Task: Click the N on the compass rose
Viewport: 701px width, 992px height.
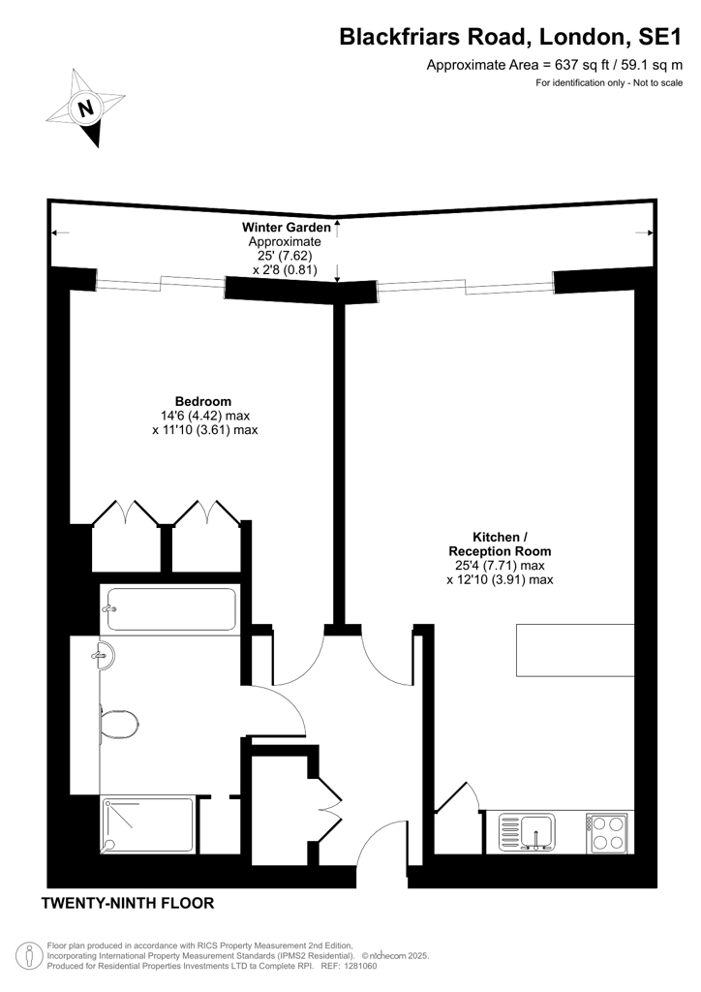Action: (85, 108)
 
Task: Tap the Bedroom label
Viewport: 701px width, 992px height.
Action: (203, 401)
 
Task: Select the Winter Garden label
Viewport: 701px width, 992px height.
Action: (287, 227)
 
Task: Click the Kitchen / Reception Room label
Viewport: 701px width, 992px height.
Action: (500, 544)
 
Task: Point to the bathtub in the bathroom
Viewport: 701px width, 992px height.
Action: (170, 609)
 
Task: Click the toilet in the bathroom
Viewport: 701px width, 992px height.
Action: (118, 722)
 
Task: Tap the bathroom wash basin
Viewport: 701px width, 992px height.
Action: (103, 656)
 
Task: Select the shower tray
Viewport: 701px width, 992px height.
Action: (148, 824)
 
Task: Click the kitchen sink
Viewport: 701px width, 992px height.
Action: (528, 831)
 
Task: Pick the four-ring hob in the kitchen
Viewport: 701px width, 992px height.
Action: (607, 832)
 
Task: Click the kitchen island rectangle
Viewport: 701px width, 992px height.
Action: (575, 651)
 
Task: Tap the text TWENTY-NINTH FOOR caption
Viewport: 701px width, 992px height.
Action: (128, 903)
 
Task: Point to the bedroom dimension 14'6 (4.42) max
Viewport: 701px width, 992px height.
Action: (205, 416)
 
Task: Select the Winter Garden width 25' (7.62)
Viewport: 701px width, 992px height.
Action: (285, 256)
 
